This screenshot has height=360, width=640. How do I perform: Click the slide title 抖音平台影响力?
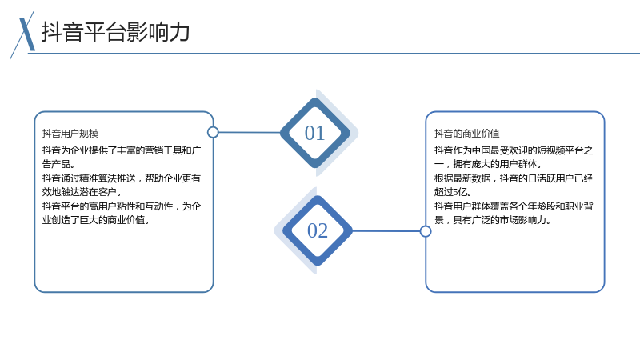point(115,32)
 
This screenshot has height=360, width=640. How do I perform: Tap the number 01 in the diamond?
point(314,133)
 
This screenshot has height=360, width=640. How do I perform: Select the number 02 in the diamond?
point(318,230)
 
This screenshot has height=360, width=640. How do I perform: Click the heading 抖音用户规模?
point(70,134)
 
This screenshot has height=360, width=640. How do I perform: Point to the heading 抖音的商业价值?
point(466,134)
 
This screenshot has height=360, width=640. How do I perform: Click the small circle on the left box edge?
point(213,132)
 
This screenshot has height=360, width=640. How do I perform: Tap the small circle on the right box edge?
point(426,231)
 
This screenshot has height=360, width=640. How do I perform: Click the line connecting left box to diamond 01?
point(250,132)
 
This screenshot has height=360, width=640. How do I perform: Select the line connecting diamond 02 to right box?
point(386,231)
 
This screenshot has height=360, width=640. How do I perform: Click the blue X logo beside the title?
point(23,35)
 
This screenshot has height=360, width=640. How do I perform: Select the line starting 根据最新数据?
point(514,178)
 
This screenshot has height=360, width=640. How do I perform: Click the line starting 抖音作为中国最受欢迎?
point(514,150)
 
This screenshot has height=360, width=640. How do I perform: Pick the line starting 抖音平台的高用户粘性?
point(122,206)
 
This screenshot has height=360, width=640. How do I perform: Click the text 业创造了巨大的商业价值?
point(96,220)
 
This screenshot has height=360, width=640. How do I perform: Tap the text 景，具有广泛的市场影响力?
point(493,220)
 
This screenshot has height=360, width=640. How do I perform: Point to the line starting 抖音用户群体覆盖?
point(514,206)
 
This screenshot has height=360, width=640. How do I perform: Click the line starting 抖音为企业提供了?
point(122,150)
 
